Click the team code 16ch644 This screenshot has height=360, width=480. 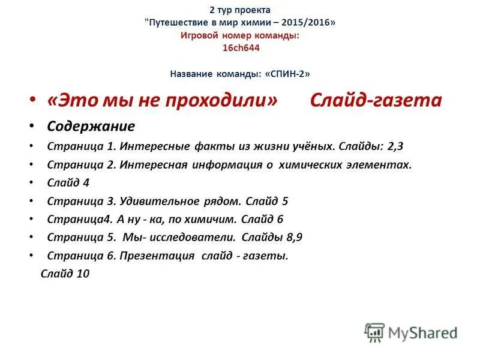(x=241, y=48)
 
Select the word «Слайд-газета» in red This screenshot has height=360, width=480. (x=376, y=100)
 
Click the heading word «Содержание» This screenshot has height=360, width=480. (x=91, y=127)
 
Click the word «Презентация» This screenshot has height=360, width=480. (x=157, y=256)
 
